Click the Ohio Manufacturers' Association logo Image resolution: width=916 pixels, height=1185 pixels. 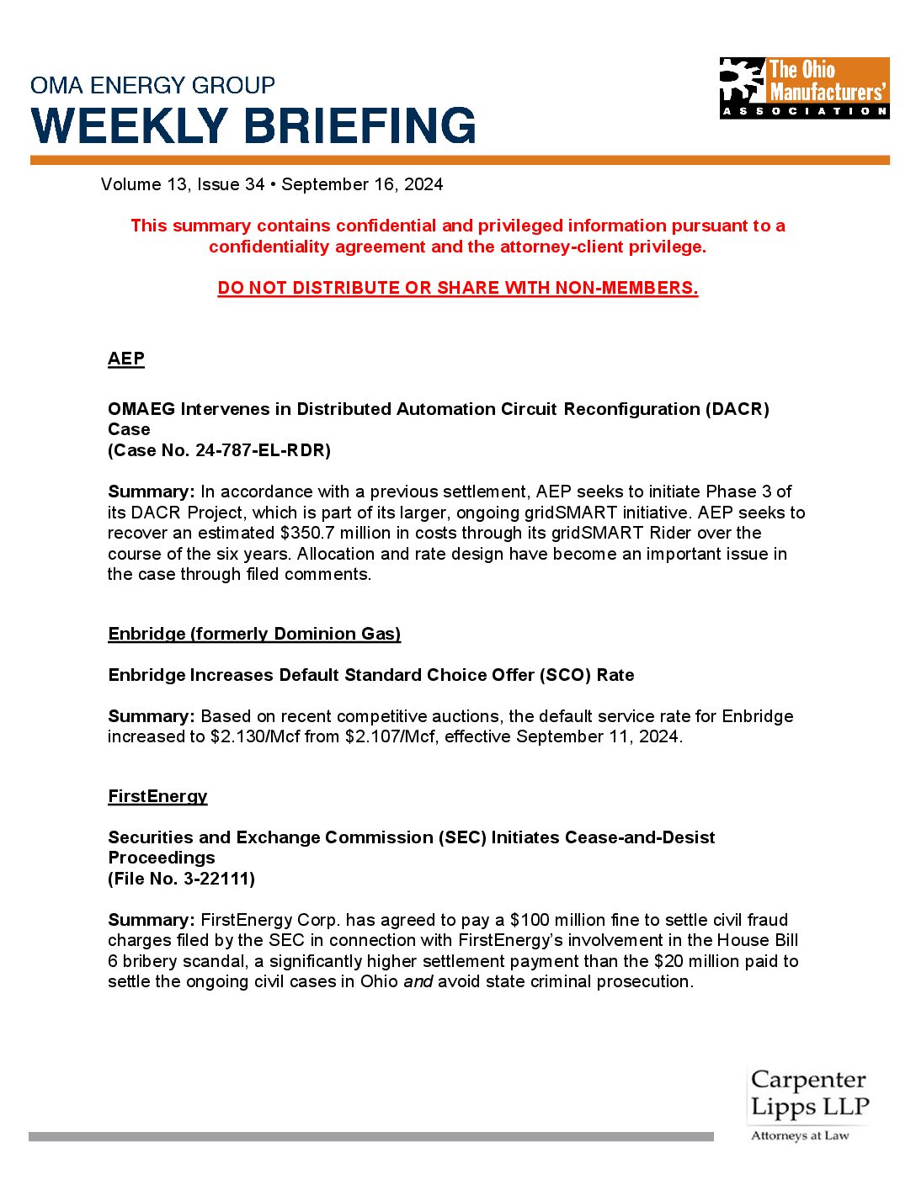click(x=804, y=88)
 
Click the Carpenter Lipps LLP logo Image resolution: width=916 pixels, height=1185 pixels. click(x=808, y=1103)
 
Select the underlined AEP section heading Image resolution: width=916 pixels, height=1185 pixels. click(x=126, y=359)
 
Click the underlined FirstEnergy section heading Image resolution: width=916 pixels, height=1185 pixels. click(x=157, y=796)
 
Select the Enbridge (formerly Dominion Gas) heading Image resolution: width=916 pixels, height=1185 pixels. click(x=254, y=634)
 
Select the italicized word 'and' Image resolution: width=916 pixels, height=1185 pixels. click(x=418, y=981)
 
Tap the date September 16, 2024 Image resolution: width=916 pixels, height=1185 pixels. click(x=362, y=184)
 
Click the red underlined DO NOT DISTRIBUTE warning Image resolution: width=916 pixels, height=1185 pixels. click(x=458, y=288)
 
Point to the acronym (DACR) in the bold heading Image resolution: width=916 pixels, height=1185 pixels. click(x=738, y=409)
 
